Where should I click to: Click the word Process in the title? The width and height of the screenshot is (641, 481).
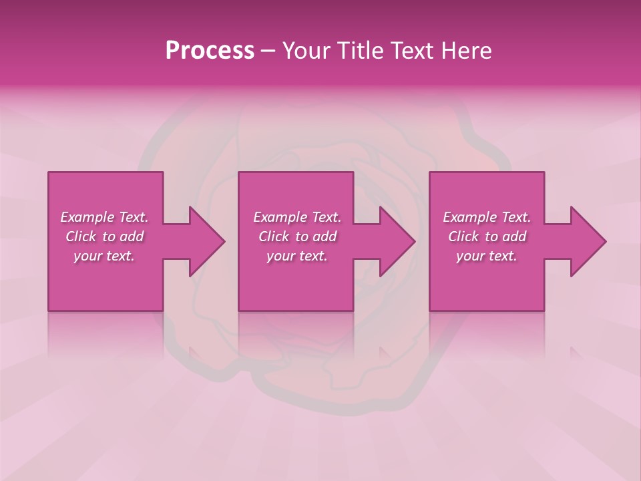pos(210,51)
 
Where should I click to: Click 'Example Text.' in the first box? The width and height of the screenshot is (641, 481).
pos(104,217)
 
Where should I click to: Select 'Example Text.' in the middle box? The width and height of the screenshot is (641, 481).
pos(297,217)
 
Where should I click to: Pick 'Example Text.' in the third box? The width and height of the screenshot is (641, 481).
pos(487,217)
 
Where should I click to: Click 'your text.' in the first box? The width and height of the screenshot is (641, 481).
pos(104,256)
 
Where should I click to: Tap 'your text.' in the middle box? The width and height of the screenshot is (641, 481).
pos(297,256)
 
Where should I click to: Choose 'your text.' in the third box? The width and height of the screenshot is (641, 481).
pos(487,256)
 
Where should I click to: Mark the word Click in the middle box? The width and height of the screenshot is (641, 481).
pos(274,236)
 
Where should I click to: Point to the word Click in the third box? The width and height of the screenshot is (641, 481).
pos(463,236)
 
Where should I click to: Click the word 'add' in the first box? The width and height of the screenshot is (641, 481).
pos(132,236)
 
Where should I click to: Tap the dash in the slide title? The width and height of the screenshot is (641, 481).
pos(268,51)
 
